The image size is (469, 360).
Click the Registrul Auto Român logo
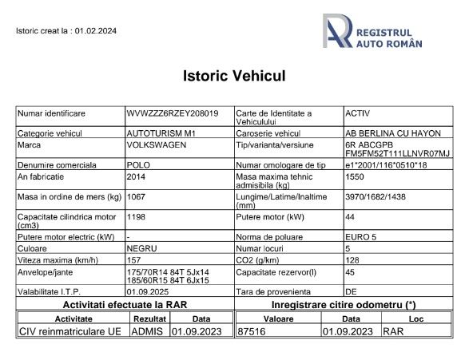point(372,32)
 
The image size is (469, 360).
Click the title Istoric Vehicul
point(234,77)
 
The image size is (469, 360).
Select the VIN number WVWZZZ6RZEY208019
point(173,114)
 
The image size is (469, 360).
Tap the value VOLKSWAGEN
point(156,145)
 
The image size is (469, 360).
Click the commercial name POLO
point(138,165)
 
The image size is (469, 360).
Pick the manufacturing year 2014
point(136,176)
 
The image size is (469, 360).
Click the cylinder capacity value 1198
point(137,216)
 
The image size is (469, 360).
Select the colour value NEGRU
point(141,248)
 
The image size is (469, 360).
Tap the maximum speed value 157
point(134,259)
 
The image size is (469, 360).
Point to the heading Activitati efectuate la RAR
point(124,304)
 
